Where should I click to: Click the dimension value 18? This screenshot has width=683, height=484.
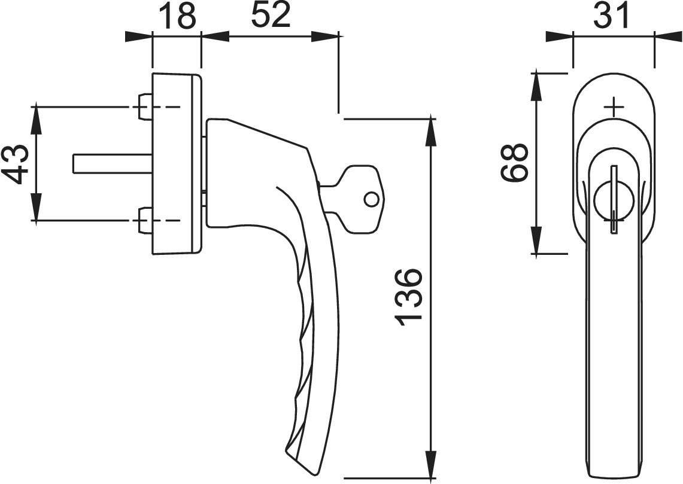coord(177,15)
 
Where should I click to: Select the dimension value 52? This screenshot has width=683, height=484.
coord(271,15)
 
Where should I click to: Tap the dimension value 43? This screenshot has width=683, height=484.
coord(16,164)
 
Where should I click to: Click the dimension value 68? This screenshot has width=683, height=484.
coord(514,162)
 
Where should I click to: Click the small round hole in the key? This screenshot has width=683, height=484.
coord(372,199)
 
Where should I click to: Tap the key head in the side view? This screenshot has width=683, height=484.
coord(362,199)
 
